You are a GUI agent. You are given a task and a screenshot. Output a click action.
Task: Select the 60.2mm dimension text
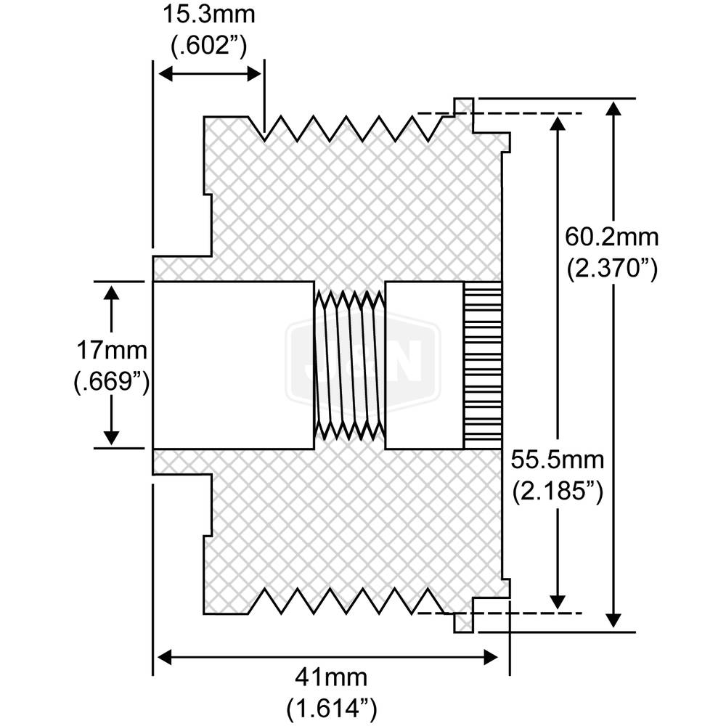coord(611,237)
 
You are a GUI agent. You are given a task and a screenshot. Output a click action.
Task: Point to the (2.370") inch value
coord(612,269)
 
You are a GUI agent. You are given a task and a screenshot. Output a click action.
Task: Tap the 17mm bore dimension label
coord(112,351)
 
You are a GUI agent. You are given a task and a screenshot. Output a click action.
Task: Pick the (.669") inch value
coord(112,383)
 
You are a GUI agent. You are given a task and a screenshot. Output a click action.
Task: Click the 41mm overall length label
coord(330,677)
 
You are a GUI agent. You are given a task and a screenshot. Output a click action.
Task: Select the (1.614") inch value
coord(330,707)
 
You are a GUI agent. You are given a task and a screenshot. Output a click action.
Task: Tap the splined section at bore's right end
coord(483,364)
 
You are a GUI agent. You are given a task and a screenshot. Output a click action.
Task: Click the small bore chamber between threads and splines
coord(424,364)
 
